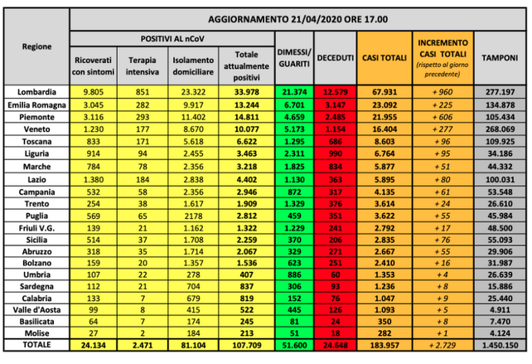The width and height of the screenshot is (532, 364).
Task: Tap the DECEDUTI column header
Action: click(335, 57)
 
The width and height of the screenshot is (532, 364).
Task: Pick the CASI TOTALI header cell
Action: click(384, 57)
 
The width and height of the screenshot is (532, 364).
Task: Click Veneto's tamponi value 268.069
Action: click(500, 129)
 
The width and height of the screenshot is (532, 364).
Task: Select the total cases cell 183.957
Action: click(384, 344)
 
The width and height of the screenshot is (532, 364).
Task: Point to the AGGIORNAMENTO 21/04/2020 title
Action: click(298, 18)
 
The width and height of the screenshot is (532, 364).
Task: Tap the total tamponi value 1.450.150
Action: click(500, 344)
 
